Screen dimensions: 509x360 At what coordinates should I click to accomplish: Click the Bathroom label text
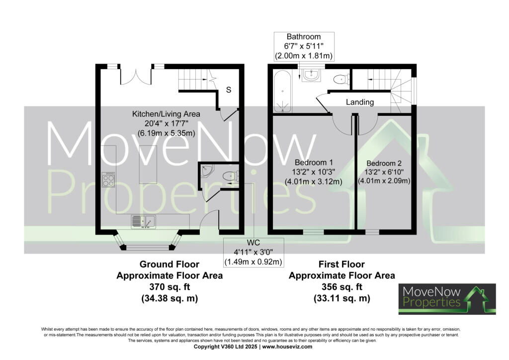click(x=304, y=37)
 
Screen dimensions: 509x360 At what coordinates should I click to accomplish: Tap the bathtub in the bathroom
click(x=282, y=91)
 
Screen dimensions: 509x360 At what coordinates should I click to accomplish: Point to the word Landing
click(x=360, y=102)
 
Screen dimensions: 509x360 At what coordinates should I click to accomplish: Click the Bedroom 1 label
click(x=314, y=162)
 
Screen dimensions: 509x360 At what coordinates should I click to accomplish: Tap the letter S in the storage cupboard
click(x=229, y=90)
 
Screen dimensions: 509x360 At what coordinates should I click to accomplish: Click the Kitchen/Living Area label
click(x=166, y=114)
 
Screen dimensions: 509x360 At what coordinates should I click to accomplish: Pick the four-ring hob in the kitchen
click(x=108, y=180)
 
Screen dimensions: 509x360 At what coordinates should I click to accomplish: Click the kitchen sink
click(x=144, y=222)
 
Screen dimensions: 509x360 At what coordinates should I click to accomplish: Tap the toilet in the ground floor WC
click(x=231, y=176)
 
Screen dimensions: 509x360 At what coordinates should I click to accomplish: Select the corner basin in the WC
click(x=206, y=171)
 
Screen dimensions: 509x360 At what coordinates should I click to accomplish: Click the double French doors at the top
click(x=136, y=76)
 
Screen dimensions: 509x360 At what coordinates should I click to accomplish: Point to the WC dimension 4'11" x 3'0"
click(x=254, y=252)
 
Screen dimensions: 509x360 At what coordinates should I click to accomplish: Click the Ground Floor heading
click(x=170, y=264)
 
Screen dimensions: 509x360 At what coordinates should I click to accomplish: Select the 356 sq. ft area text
click(x=342, y=287)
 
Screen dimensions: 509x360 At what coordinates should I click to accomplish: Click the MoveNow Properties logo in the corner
click(x=447, y=299)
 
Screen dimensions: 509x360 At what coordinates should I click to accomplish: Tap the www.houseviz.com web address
click(x=287, y=347)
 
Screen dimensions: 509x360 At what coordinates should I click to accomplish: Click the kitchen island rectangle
click(x=148, y=165)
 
